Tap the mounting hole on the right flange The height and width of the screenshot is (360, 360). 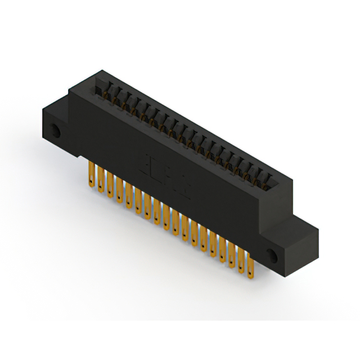[273, 254]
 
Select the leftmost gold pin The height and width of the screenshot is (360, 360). [91, 174]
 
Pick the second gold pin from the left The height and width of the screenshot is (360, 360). [100, 178]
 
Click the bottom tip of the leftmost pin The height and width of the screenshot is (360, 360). [91, 186]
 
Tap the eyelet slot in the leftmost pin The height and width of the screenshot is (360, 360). [91, 181]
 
